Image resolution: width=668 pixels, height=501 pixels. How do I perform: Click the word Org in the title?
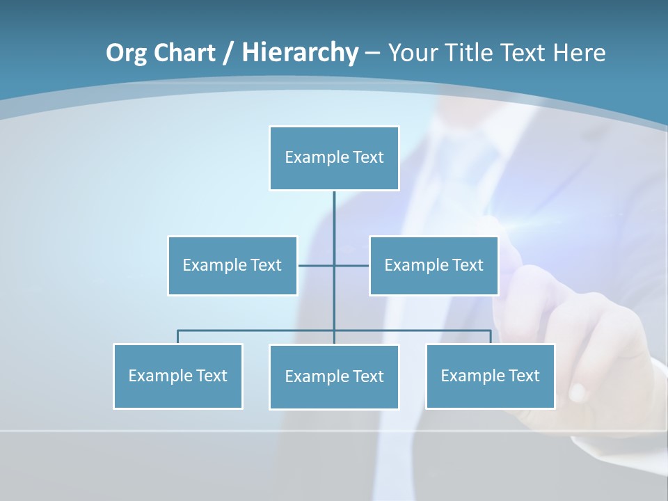click(x=126, y=53)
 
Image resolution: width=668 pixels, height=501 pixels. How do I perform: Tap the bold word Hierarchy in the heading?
click(x=300, y=53)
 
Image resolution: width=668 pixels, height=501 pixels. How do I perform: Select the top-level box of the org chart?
click(x=334, y=158)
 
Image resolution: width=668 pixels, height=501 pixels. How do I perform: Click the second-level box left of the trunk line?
click(x=232, y=265)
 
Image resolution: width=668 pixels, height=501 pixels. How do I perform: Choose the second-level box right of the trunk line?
click(x=434, y=265)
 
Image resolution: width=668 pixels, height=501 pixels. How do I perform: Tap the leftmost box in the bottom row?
click(x=177, y=376)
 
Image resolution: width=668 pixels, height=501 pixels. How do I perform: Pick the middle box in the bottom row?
click(x=334, y=376)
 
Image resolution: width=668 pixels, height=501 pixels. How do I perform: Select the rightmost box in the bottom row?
click(x=490, y=376)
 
